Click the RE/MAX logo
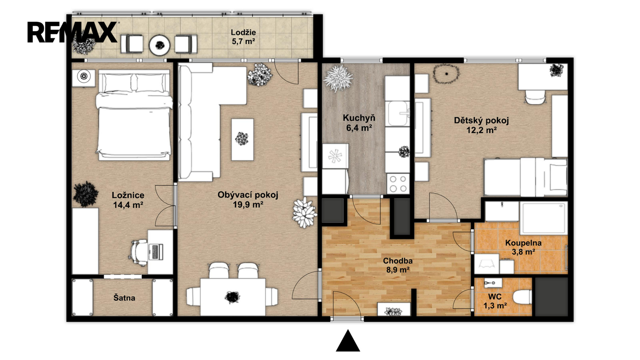pos(72,32)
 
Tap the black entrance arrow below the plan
pos(348,340)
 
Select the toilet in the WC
pos(522,297)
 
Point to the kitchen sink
pos(398,114)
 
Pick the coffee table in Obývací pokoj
pos(242,140)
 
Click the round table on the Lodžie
pos(160,45)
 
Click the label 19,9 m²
pos(248,204)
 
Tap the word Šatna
pos(124,298)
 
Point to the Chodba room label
pos(398,260)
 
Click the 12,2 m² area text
pos(482,130)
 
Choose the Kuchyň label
pos(359,118)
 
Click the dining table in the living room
pos(233,297)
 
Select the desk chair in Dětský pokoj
pos(536,97)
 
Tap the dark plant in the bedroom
pos(86,194)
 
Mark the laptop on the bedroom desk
pos(156,252)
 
